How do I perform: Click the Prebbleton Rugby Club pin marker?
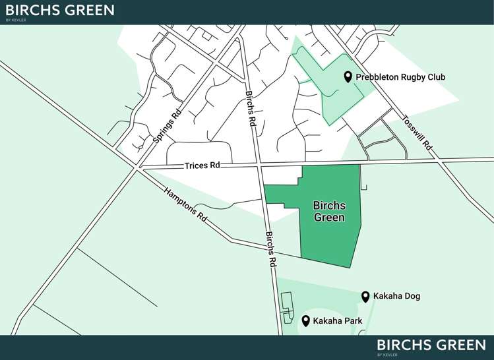point(348,77)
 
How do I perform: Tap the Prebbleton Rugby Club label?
point(400,77)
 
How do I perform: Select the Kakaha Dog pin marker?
point(365,297)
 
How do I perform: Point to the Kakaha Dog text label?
point(396,297)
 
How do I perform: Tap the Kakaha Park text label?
point(339,321)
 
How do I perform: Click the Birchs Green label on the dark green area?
point(329,212)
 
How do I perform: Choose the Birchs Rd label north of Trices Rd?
point(251,109)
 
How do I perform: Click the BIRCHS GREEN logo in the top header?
point(59,11)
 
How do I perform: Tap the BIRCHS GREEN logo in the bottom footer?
point(431,345)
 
